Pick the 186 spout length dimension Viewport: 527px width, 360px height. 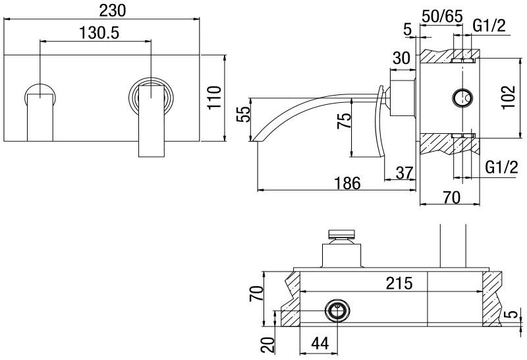click(x=347, y=183)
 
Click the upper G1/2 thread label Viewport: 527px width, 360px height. click(x=489, y=26)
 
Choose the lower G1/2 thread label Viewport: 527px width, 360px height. click(x=500, y=167)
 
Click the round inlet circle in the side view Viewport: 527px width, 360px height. click(x=463, y=99)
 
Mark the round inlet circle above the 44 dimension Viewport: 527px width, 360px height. click(x=338, y=310)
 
